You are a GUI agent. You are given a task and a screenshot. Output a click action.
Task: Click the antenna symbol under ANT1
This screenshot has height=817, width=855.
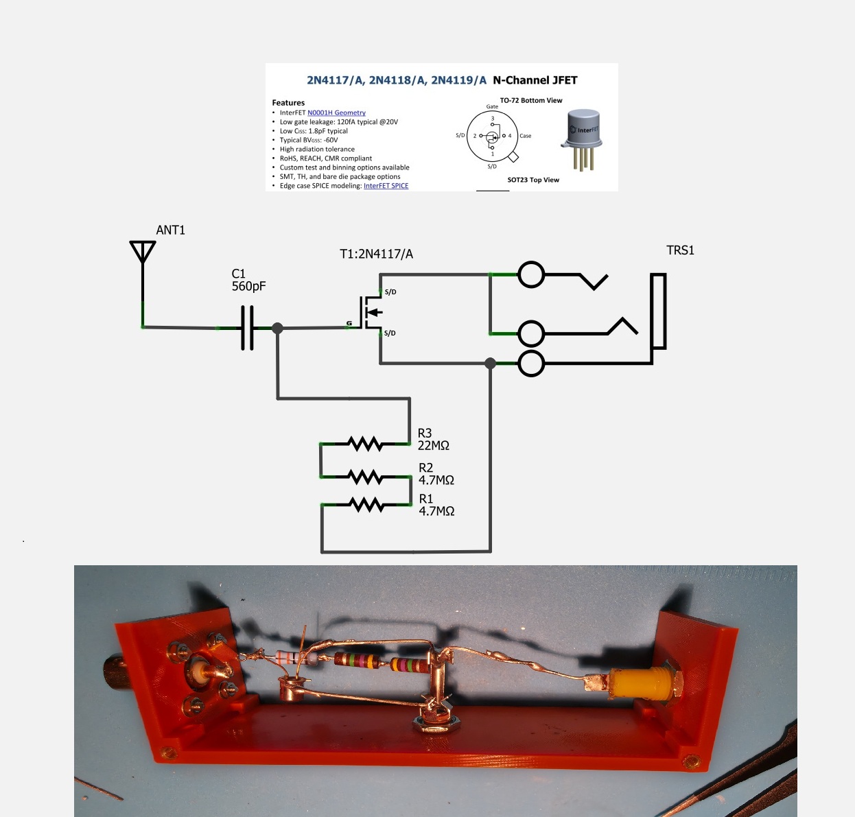[143, 252]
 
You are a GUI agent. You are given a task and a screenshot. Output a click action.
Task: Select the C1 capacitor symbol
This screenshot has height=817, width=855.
[247, 328]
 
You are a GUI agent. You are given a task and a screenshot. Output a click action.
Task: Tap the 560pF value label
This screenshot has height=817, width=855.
[248, 286]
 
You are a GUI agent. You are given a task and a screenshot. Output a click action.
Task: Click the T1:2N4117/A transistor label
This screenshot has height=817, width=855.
[376, 254]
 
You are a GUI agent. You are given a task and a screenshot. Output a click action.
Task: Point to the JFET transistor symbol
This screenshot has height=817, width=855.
[371, 312]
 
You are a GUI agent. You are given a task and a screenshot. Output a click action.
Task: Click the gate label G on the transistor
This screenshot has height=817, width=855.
[349, 323]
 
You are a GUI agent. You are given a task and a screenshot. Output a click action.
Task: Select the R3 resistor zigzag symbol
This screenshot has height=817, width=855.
[366, 444]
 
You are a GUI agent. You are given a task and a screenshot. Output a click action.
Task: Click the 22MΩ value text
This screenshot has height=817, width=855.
[434, 446]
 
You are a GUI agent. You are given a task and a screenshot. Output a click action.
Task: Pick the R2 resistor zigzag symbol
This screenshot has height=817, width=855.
[366, 476]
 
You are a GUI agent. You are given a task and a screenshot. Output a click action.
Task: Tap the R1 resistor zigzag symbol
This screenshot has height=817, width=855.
[366, 505]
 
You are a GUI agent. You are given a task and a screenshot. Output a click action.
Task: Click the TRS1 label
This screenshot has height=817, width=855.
[680, 250]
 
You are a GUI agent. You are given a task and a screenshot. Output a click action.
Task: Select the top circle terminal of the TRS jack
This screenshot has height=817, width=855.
[531, 275]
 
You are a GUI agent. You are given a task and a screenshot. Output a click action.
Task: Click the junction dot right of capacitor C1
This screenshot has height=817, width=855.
[277, 329]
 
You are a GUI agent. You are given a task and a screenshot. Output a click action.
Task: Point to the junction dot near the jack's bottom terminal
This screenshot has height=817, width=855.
[490, 363]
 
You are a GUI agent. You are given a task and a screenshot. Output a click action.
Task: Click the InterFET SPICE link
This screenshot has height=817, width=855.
[386, 186]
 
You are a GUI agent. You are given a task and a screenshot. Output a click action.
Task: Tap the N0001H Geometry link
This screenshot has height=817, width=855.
[336, 113]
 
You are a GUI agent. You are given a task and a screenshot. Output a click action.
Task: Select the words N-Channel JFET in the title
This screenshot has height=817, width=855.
[535, 80]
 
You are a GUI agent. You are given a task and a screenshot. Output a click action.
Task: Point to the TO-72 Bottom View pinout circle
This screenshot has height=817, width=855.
[492, 137]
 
